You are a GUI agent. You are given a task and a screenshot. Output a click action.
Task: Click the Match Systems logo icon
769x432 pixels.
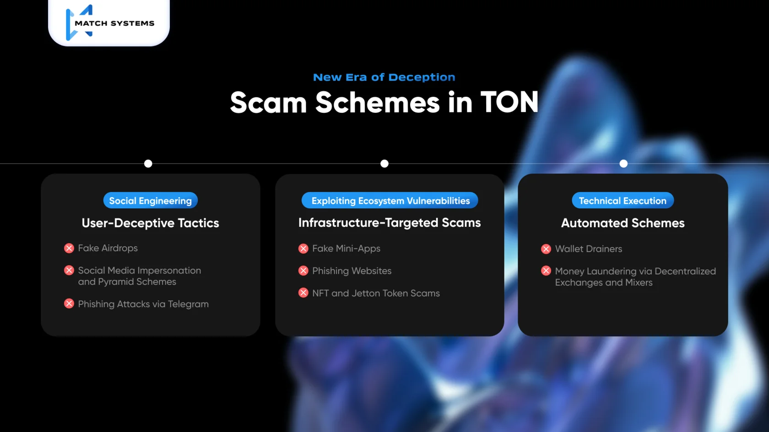point(79,23)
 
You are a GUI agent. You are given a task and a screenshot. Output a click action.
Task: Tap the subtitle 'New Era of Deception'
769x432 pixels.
point(384,77)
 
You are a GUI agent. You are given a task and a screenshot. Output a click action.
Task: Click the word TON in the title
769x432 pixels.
point(509,102)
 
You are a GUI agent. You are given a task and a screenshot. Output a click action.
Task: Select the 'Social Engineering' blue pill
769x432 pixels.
point(150,201)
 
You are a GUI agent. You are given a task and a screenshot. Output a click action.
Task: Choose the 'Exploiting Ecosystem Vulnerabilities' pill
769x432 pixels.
point(390,201)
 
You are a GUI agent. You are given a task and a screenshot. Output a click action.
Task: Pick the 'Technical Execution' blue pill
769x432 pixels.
point(623,201)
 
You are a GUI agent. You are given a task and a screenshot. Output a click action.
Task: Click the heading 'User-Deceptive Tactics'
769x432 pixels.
point(150,223)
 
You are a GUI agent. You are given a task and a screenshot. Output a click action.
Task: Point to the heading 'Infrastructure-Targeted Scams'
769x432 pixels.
point(390,223)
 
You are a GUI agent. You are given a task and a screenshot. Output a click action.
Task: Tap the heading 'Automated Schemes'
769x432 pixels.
point(623,223)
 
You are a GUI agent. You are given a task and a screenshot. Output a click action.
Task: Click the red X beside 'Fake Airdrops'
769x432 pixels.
point(69,248)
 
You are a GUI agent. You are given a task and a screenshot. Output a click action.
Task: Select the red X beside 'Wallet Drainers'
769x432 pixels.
point(546,249)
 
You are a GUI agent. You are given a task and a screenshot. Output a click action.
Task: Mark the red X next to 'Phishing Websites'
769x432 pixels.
point(303,271)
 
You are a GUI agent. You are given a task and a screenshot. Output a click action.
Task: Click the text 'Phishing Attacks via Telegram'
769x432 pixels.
point(143,304)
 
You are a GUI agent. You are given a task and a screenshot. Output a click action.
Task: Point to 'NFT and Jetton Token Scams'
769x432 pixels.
point(376,293)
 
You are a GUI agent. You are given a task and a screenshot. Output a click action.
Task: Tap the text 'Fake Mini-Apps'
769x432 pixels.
point(346,249)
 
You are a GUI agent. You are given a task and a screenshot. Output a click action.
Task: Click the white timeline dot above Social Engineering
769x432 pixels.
point(148,164)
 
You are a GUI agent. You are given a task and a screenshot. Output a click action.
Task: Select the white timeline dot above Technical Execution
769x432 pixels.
point(623,164)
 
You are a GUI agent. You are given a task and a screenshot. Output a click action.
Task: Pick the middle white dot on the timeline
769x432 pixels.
point(384,164)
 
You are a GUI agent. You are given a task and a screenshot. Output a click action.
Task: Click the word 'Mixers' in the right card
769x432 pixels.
point(639,283)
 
